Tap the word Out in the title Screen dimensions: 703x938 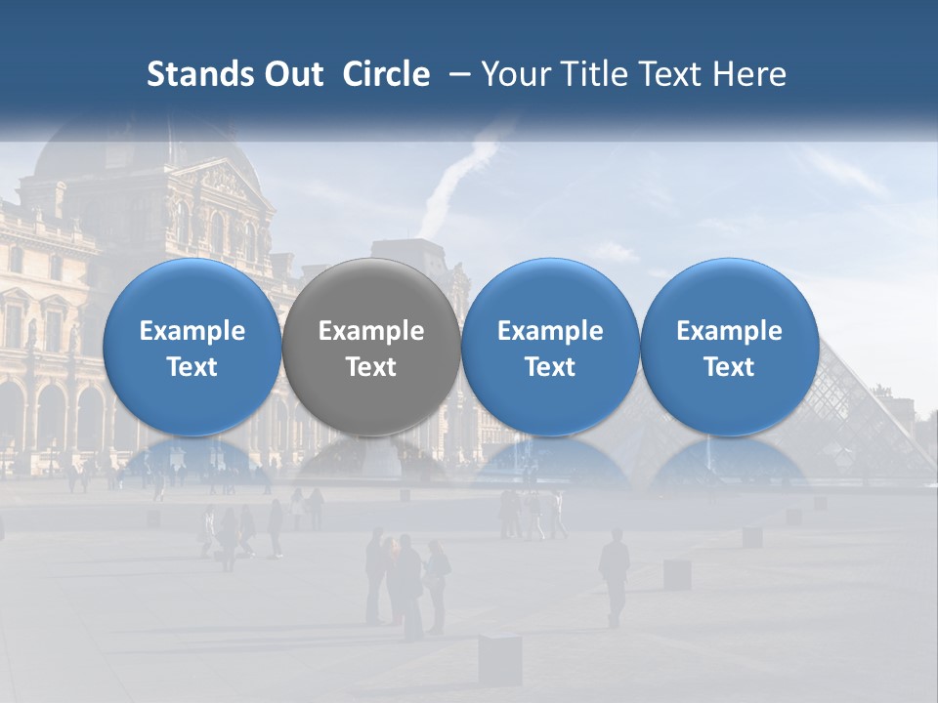click(x=290, y=74)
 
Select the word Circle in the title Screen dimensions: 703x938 click(x=386, y=74)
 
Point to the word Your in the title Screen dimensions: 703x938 click(x=513, y=74)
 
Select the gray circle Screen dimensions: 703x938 click(x=371, y=347)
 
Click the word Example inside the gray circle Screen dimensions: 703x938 click(x=371, y=331)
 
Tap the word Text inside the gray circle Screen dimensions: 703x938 click(x=371, y=367)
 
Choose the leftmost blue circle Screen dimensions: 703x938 click(x=192, y=347)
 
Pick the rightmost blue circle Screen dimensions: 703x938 click(x=730, y=347)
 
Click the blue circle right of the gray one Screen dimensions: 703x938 click(x=550, y=347)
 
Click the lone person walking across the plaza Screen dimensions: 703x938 click(x=614, y=576)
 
